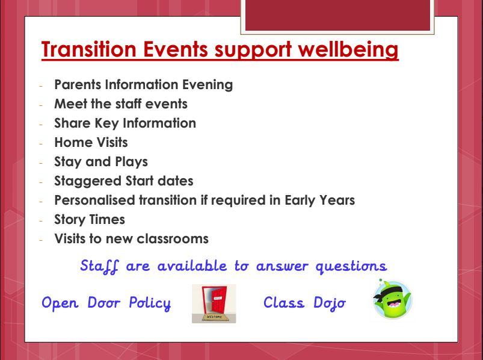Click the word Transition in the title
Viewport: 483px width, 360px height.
pyautogui.click(x=88, y=49)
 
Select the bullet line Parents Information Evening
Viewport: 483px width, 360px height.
pyautogui.click(x=143, y=85)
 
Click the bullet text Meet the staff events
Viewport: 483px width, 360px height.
pyautogui.click(x=121, y=104)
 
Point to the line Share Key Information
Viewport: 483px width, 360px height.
pyautogui.click(x=125, y=123)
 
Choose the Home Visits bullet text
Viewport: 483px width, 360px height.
pyautogui.click(x=91, y=143)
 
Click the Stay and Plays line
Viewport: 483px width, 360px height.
pyautogui.click(x=101, y=162)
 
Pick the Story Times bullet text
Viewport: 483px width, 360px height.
pyautogui.click(x=90, y=220)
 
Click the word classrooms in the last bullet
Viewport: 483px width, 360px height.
pyautogui.click(x=173, y=239)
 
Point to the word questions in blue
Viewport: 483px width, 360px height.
pyautogui.click(x=351, y=266)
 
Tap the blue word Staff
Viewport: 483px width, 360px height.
pyautogui.click(x=99, y=266)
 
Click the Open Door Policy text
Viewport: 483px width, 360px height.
pyautogui.click(x=106, y=303)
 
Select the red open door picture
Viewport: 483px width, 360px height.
pyautogui.click(x=214, y=303)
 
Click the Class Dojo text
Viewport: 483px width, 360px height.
pyautogui.click(x=304, y=303)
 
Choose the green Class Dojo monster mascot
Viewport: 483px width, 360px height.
pyautogui.click(x=392, y=299)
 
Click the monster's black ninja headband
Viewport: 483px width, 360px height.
pyautogui.click(x=389, y=291)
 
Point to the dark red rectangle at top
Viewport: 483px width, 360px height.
pyautogui.click(x=337, y=16)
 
